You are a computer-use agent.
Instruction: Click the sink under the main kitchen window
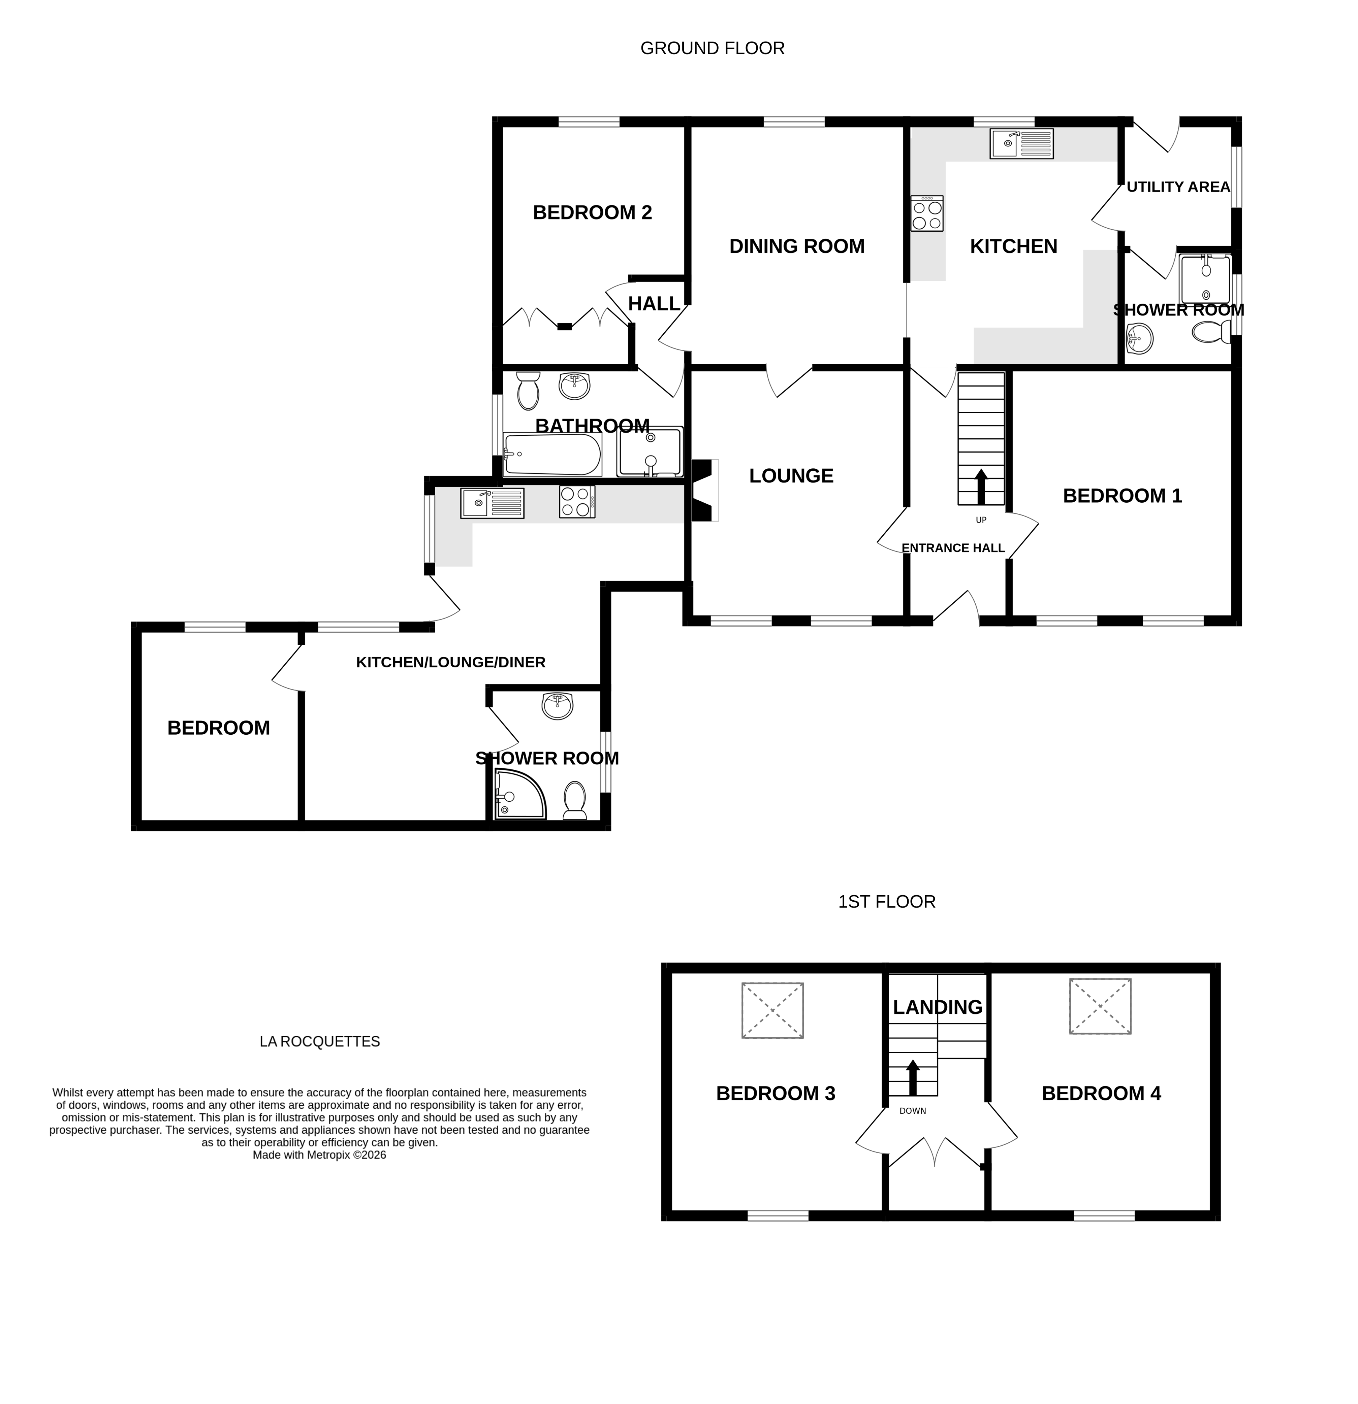point(1021,143)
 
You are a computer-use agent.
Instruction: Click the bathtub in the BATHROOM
point(552,454)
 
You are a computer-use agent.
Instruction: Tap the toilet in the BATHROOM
point(528,391)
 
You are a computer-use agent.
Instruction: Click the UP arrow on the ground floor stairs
point(980,487)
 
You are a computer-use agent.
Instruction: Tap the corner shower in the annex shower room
point(519,795)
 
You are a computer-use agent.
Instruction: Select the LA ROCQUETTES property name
point(320,1041)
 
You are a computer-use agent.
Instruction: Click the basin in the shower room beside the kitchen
point(1139,338)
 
